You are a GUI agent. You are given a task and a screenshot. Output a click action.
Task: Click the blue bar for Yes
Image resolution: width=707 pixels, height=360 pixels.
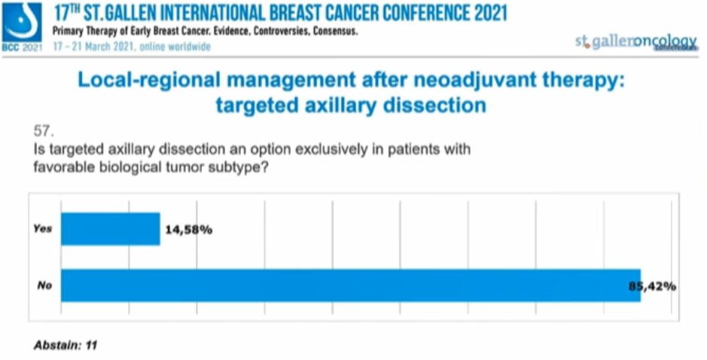pos(110,229)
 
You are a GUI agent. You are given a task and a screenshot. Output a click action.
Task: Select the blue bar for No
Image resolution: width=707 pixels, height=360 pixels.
pos(350,285)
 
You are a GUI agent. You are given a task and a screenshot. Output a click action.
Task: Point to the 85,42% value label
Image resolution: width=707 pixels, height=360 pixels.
pos(652,286)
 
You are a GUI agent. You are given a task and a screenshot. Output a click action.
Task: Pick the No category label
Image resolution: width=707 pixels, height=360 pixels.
pos(44,286)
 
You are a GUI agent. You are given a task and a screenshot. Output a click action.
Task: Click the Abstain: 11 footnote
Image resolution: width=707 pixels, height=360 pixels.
pos(66,346)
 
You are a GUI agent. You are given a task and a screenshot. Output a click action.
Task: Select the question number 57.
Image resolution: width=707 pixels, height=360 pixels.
pos(46,133)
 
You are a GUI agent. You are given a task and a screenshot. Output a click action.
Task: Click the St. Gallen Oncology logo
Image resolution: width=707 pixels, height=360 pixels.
pos(636,43)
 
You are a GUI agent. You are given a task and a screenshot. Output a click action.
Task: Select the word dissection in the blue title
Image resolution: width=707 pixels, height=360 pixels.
pos(433,105)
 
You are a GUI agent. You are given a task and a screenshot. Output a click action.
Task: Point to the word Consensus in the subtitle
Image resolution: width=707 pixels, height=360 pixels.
pos(332,32)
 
